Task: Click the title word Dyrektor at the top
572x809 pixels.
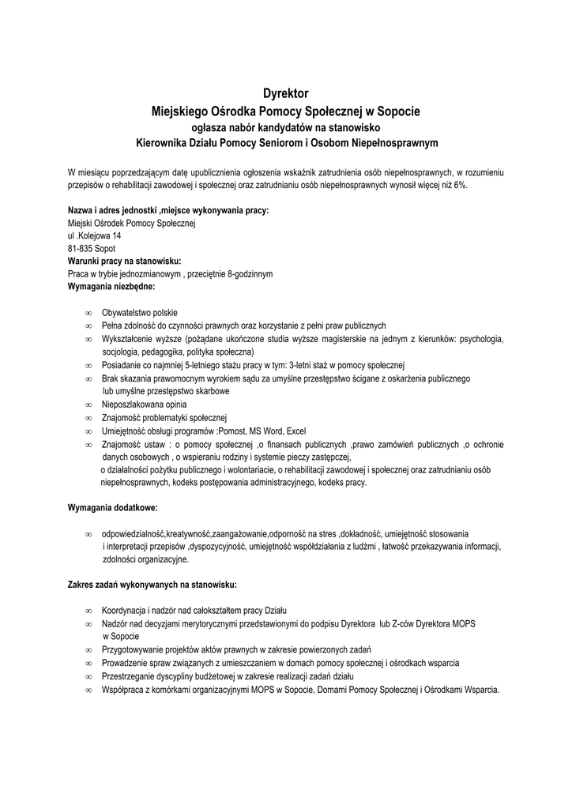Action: (x=285, y=93)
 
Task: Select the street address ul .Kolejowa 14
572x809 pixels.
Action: (x=95, y=236)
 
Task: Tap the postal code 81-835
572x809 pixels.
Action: (x=81, y=248)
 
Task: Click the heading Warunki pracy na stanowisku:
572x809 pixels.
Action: (x=125, y=261)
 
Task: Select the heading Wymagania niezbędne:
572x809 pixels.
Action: (x=111, y=286)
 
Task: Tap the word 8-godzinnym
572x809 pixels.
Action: (x=246, y=273)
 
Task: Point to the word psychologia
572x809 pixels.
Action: (x=481, y=338)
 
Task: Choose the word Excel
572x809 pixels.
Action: (x=296, y=431)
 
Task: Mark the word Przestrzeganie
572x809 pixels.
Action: (x=129, y=676)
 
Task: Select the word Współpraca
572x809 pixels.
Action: (x=122, y=689)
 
